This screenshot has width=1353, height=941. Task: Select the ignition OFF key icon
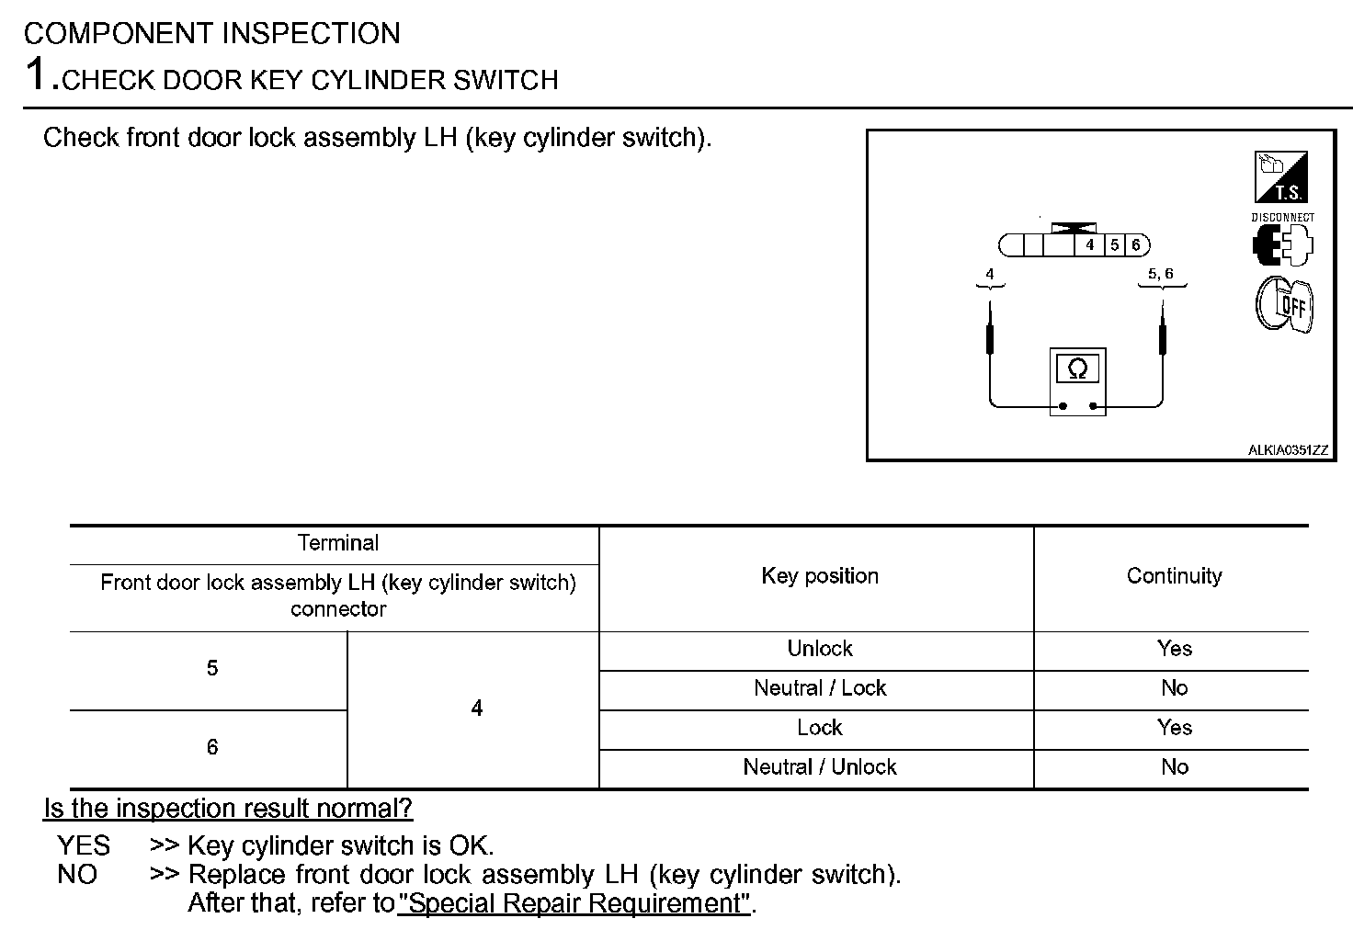(1284, 303)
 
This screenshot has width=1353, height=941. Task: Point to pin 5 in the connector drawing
(1114, 245)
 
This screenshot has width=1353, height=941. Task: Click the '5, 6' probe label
(1160, 274)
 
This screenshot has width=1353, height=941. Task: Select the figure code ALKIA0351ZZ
(1287, 450)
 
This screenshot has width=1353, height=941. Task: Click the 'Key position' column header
(820, 576)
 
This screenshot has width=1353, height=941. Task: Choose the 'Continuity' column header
(1174, 576)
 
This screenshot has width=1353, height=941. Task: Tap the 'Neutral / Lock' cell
(820, 688)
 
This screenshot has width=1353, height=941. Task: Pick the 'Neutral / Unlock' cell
(820, 767)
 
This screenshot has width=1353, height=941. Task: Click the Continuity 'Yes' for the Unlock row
(1174, 649)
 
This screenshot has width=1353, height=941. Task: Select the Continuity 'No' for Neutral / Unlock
(1174, 767)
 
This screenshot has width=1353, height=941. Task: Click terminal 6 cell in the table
(212, 747)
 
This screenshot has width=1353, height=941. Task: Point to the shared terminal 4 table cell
(476, 709)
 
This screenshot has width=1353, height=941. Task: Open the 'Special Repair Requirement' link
(574, 903)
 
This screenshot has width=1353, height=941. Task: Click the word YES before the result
(84, 845)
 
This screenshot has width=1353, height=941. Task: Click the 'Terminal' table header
(337, 543)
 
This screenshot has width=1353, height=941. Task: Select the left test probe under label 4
(990, 335)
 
